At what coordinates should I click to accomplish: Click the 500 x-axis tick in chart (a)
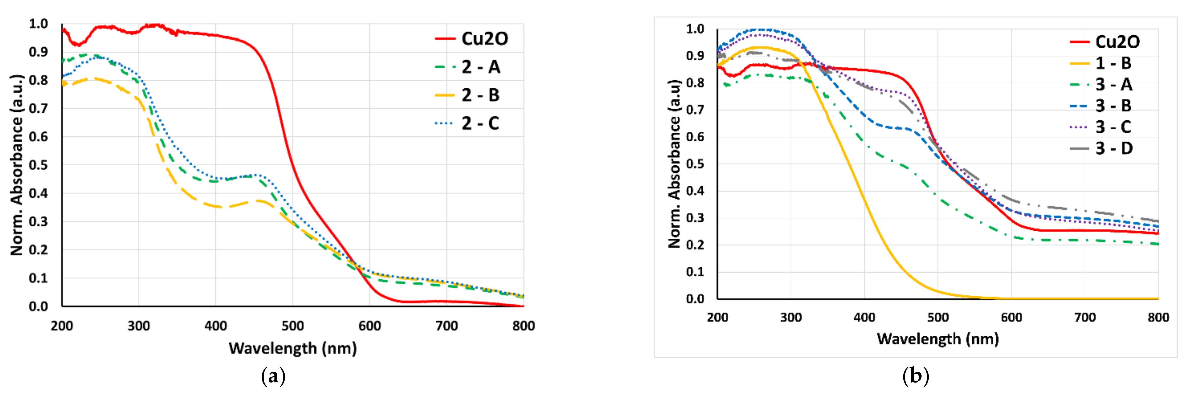[x=292, y=326]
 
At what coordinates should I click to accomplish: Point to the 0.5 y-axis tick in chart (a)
[x=39, y=165]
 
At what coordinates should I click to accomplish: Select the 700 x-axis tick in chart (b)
[x=1085, y=317]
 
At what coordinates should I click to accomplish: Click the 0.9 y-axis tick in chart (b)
[x=695, y=56]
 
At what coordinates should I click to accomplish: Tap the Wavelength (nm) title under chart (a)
[x=292, y=348]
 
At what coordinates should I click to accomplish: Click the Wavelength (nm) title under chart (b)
[x=937, y=339]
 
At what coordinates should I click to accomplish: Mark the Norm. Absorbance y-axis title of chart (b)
[x=674, y=164]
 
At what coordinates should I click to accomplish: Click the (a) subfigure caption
[x=273, y=376]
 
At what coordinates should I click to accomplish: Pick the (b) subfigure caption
[x=915, y=375]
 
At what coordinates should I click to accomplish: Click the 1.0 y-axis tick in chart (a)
[x=39, y=24]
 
